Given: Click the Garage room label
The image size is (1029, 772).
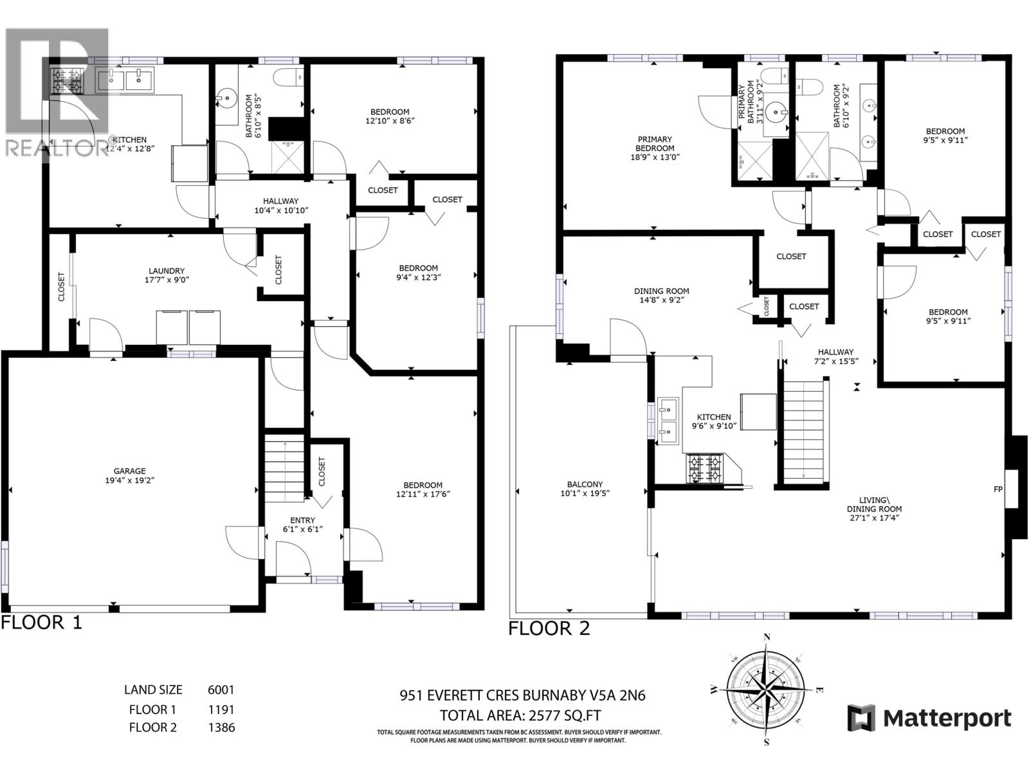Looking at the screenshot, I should click(x=130, y=471).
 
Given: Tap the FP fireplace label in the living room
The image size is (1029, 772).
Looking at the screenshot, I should click(x=998, y=490).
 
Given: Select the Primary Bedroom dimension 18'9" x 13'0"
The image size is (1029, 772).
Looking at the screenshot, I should click(x=655, y=157).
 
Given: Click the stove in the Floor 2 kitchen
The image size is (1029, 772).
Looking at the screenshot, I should click(x=706, y=468).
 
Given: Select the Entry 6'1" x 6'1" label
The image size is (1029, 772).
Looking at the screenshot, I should click(x=302, y=524).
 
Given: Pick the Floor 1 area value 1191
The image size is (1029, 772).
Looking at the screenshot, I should click(x=221, y=710).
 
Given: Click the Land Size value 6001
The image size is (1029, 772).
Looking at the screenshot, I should click(x=221, y=690).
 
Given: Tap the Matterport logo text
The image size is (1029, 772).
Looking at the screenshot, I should click(x=947, y=718).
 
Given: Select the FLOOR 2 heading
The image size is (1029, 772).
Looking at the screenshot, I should click(x=549, y=629).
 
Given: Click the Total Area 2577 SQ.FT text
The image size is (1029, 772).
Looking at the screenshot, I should click(x=520, y=715).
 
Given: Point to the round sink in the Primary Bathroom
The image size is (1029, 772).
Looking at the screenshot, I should click(x=780, y=113).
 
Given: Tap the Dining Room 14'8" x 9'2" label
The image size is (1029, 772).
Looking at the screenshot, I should click(x=661, y=295).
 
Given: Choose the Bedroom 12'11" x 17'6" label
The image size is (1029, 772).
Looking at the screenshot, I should click(x=423, y=490).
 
